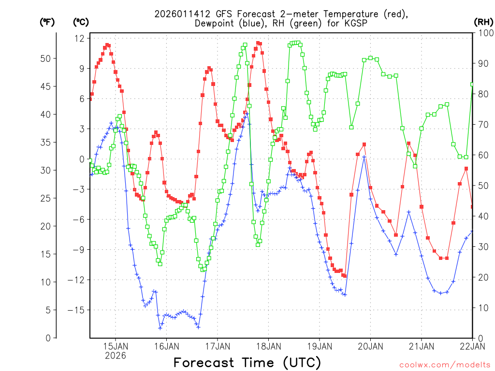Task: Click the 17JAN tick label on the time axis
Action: click(218, 346)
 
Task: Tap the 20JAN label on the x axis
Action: click(371, 346)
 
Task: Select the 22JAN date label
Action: click(472, 346)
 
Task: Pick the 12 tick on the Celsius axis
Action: click(80, 38)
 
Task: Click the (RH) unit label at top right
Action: click(483, 22)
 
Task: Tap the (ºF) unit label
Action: click(47, 22)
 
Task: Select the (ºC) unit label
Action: click(80, 22)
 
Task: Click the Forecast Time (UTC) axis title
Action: click(247, 362)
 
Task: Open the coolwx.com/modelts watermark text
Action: click(445, 365)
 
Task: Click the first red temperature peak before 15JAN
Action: click(107, 45)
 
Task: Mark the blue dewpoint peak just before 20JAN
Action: click(364, 157)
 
